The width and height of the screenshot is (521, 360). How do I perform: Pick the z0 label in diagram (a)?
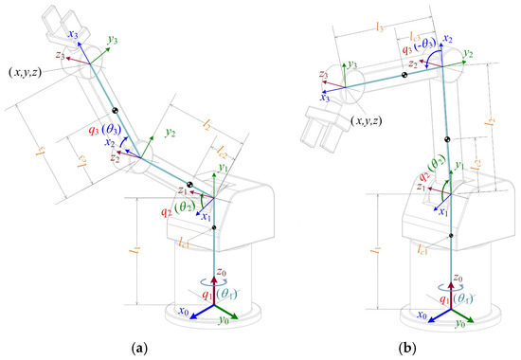[222, 276]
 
